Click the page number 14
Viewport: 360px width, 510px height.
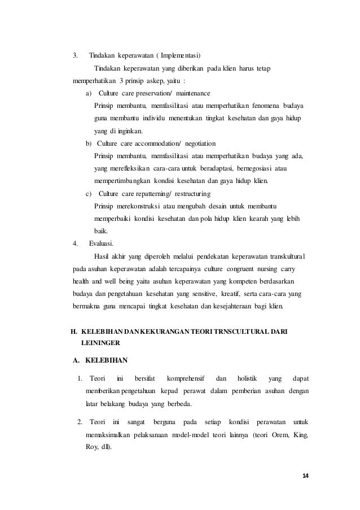[x=305, y=476]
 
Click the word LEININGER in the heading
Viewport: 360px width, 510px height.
[x=100, y=342]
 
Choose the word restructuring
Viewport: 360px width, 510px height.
[x=201, y=193]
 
